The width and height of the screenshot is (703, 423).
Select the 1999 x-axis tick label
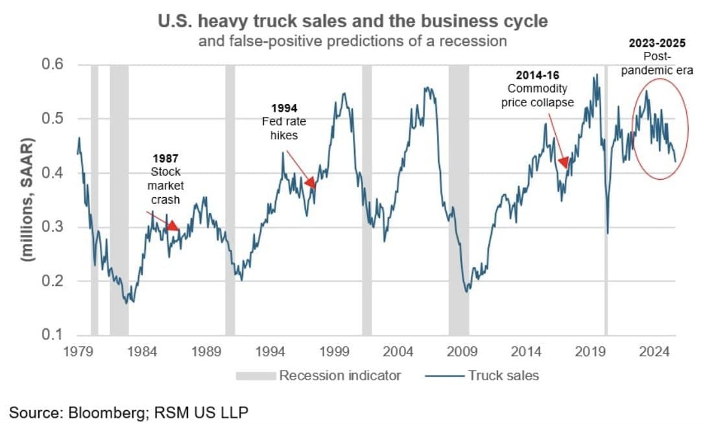coord(335,352)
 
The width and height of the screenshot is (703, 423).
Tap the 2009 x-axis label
coord(462,352)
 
